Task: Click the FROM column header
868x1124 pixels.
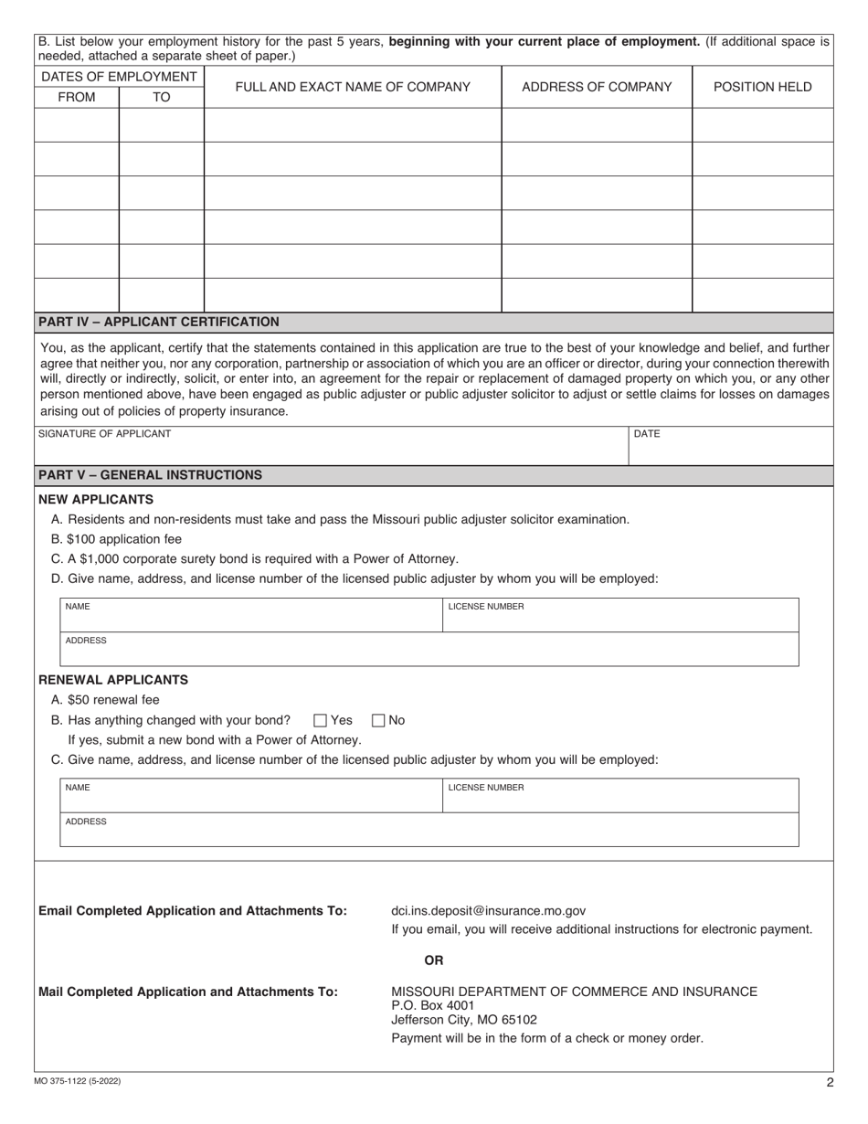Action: tap(76, 97)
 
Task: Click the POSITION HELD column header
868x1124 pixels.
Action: tap(762, 87)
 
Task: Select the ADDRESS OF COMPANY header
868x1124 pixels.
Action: tap(597, 87)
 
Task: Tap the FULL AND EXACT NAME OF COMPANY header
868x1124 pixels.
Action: tap(353, 87)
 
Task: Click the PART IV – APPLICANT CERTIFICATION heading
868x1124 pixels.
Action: tap(159, 322)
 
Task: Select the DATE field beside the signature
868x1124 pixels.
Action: tap(731, 445)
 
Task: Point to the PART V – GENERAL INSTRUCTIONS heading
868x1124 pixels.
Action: tap(150, 475)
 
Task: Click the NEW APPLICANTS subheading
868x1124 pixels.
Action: tap(96, 499)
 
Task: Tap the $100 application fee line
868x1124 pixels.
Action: tap(117, 539)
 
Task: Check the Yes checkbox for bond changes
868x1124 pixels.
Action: tap(320, 720)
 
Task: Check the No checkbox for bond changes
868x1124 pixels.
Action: tap(380, 720)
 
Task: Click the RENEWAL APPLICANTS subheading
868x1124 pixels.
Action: tap(113, 680)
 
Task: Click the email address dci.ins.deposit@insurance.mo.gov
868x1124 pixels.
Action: tap(488, 910)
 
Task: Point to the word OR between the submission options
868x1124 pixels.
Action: tap(434, 960)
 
